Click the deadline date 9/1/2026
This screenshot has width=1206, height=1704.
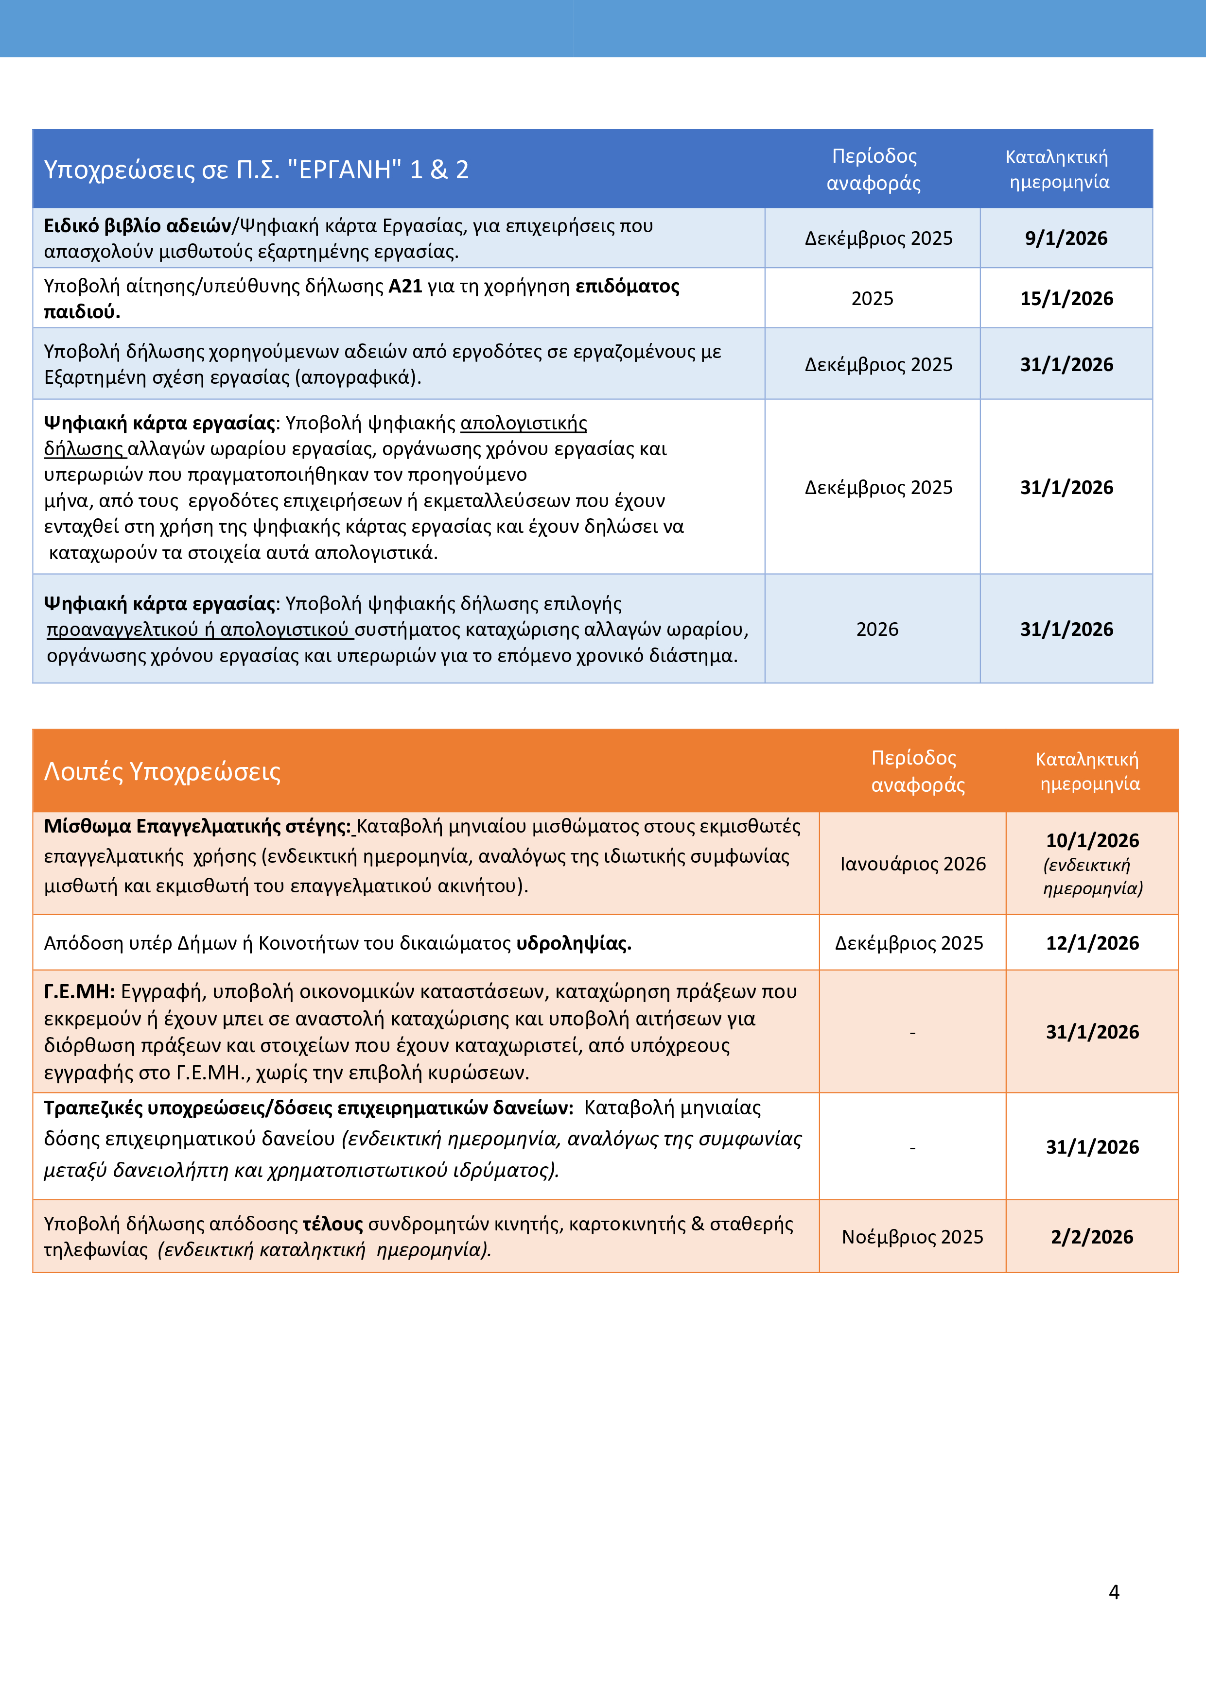tap(1066, 238)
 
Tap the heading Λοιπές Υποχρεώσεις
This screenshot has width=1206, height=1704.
tap(162, 772)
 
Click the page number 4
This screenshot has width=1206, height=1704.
tap(1113, 1591)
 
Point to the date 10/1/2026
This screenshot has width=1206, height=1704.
tap(1092, 840)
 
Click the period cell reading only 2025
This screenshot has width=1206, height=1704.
tap(872, 298)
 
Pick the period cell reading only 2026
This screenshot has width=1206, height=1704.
tap(877, 630)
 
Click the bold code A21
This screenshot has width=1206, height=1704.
tap(405, 287)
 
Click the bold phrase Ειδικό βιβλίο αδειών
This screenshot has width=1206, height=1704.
tap(138, 225)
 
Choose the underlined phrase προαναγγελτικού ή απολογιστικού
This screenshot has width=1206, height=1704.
tap(198, 630)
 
